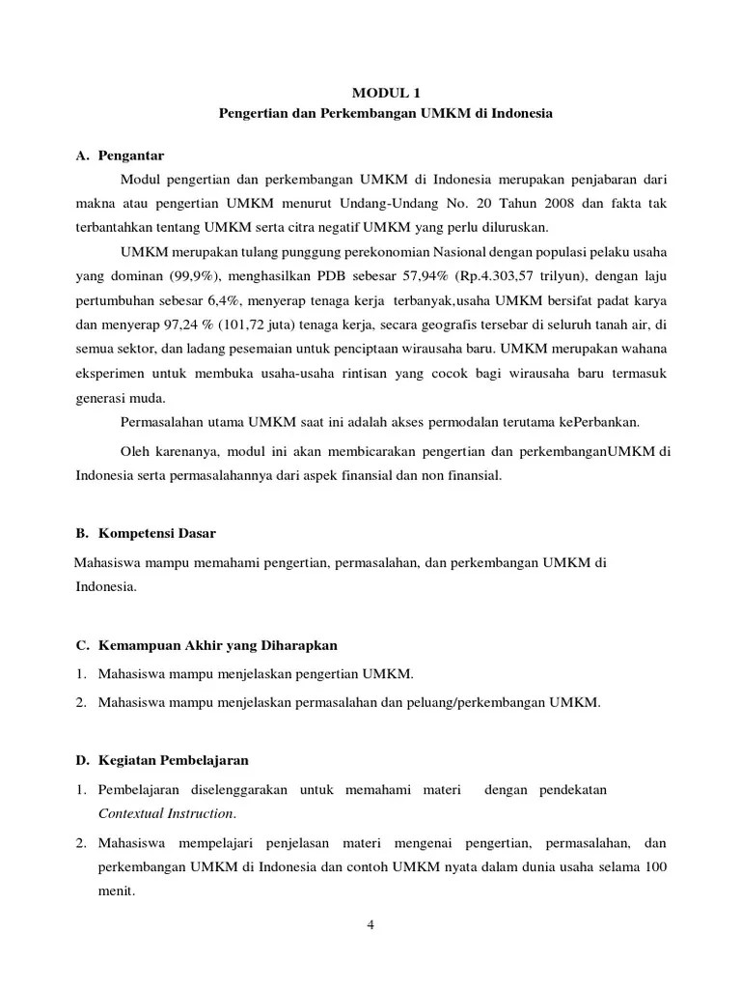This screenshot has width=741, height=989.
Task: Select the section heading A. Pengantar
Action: click(x=120, y=155)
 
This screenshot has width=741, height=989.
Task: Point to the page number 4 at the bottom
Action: click(x=370, y=924)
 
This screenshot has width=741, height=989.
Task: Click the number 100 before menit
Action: click(x=654, y=866)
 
